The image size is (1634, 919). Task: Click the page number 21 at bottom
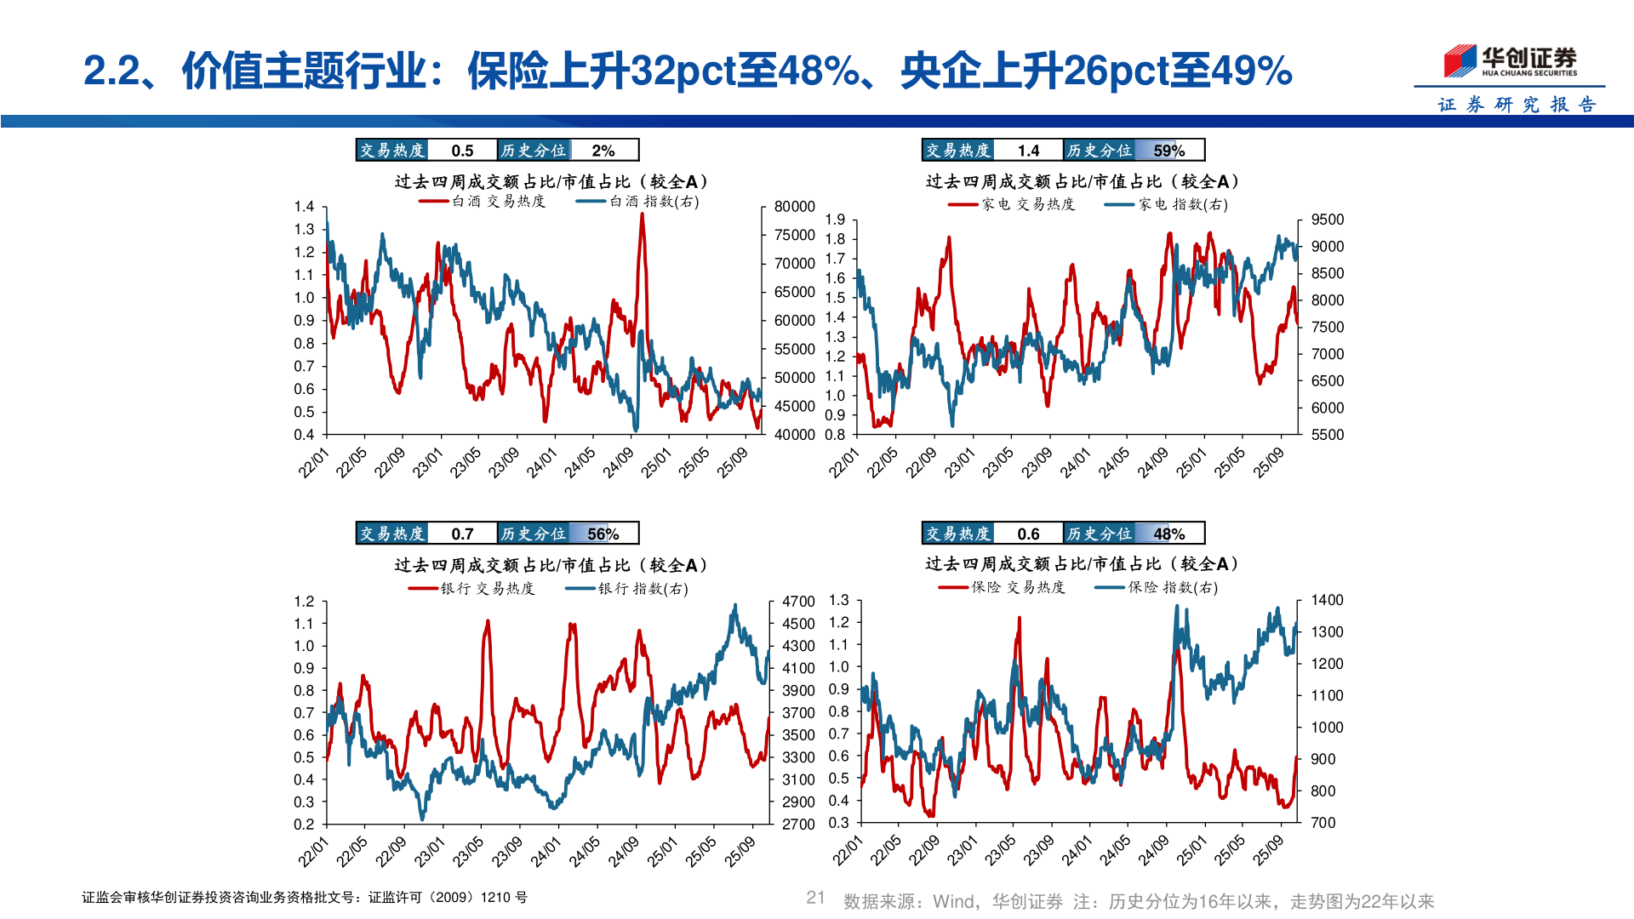coord(815,897)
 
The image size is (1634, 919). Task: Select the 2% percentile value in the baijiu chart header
coord(603,151)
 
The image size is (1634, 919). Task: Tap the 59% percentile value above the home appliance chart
coord(1168,151)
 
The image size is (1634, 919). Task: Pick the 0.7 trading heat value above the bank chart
coord(462,534)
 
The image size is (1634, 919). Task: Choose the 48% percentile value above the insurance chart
coord(1168,534)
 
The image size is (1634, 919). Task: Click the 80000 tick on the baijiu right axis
coord(794,207)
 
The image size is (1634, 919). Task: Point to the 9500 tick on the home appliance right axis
coord(1327,220)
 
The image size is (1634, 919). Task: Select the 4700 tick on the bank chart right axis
coord(798,602)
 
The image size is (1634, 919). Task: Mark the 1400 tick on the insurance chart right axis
coord(1327,600)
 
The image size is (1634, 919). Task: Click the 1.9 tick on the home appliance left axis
coord(835,220)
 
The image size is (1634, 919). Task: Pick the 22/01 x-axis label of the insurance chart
coord(847,851)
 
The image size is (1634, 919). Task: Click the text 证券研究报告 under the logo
coord(1517,105)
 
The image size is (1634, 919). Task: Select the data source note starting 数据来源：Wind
coord(1139,901)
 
